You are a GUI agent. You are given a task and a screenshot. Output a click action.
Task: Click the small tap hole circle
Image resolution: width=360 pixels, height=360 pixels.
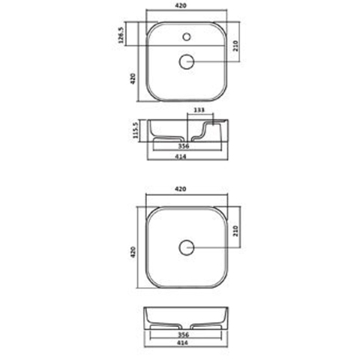point(187,37)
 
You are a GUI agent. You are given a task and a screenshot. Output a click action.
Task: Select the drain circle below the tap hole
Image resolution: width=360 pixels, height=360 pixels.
point(187,61)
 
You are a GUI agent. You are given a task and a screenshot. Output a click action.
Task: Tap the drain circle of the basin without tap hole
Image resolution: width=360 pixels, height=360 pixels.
point(187,247)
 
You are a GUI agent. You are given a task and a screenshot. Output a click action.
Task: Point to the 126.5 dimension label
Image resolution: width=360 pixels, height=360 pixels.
point(121,35)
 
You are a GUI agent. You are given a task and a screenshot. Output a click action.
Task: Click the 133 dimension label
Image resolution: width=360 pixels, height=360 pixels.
point(199,110)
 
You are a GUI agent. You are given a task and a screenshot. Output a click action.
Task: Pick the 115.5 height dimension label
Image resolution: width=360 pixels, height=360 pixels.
point(135,130)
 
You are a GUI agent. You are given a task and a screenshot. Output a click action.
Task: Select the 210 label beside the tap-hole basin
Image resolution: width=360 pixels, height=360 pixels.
point(235,46)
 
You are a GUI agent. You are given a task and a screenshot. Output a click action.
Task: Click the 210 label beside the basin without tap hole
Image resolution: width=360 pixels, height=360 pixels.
point(235,231)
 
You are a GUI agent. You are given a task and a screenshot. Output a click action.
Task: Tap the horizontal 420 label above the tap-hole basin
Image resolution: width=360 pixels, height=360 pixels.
point(181,5)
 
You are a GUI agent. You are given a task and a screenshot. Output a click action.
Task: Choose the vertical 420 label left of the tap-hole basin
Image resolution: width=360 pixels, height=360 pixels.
point(133,79)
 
